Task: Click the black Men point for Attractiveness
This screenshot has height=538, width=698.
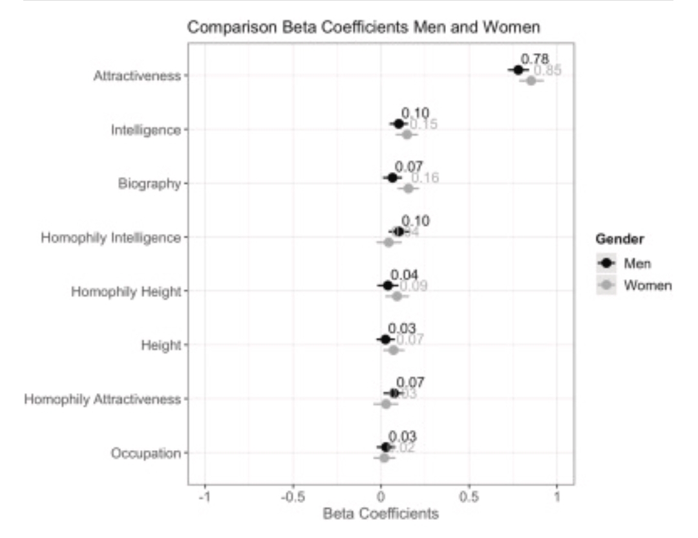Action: (x=518, y=70)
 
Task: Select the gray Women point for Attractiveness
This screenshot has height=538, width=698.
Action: (x=531, y=80)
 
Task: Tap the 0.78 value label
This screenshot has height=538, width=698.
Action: (x=534, y=59)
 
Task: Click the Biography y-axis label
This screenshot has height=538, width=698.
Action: (x=149, y=184)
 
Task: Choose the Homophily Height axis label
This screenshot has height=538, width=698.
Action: (x=126, y=292)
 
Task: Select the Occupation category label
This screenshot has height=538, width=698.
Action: (x=145, y=453)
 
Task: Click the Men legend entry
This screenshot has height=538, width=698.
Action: (x=637, y=263)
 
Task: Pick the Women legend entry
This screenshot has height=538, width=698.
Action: (x=648, y=285)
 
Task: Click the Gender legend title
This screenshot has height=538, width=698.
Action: (x=619, y=239)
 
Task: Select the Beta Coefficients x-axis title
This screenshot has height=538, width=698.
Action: (x=380, y=515)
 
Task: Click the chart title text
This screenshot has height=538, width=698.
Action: (x=363, y=27)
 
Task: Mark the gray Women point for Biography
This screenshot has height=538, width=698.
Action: (x=408, y=188)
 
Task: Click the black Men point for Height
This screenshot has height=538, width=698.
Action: (x=385, y=339)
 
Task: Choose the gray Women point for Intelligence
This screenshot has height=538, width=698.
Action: (x=407, y=134)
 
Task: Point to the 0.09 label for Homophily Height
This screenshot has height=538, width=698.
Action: (x=414, y=286)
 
